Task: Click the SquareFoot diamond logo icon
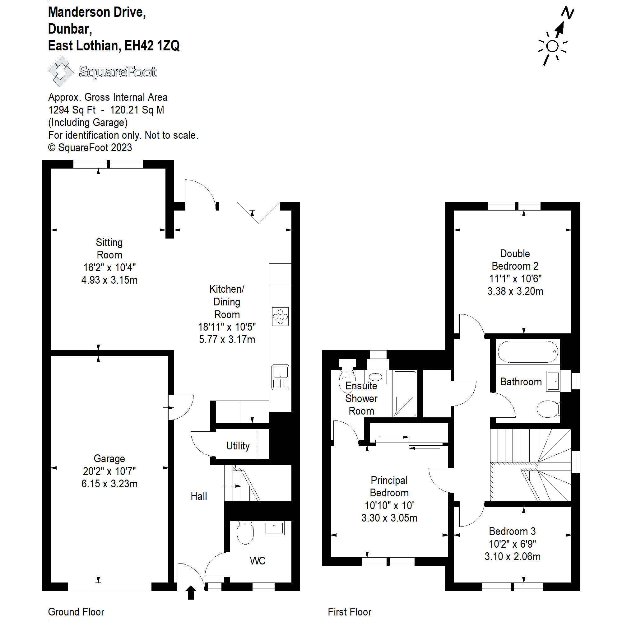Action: tap(61, 72)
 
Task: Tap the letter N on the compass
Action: tap(568, 13)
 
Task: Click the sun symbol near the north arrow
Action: tap(552, 47)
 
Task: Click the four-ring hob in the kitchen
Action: tap(280, 317)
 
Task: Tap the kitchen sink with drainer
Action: tap(280, 377)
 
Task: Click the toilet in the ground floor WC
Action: tap(245, 533)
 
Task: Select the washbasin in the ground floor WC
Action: tap(274, 528)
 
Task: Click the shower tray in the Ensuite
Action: tap(405, 393)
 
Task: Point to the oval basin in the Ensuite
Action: tap(375, 376)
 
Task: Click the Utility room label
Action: tap(238, 446)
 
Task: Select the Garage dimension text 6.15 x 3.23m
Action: tap(109, 484)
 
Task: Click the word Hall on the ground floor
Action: tap(199, 496)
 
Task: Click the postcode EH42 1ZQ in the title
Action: tap(152, 46)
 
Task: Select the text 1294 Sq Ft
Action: tap(72, 110)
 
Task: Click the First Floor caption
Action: tap(349, 612)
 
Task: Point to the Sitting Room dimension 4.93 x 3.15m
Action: tap(109, 280)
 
